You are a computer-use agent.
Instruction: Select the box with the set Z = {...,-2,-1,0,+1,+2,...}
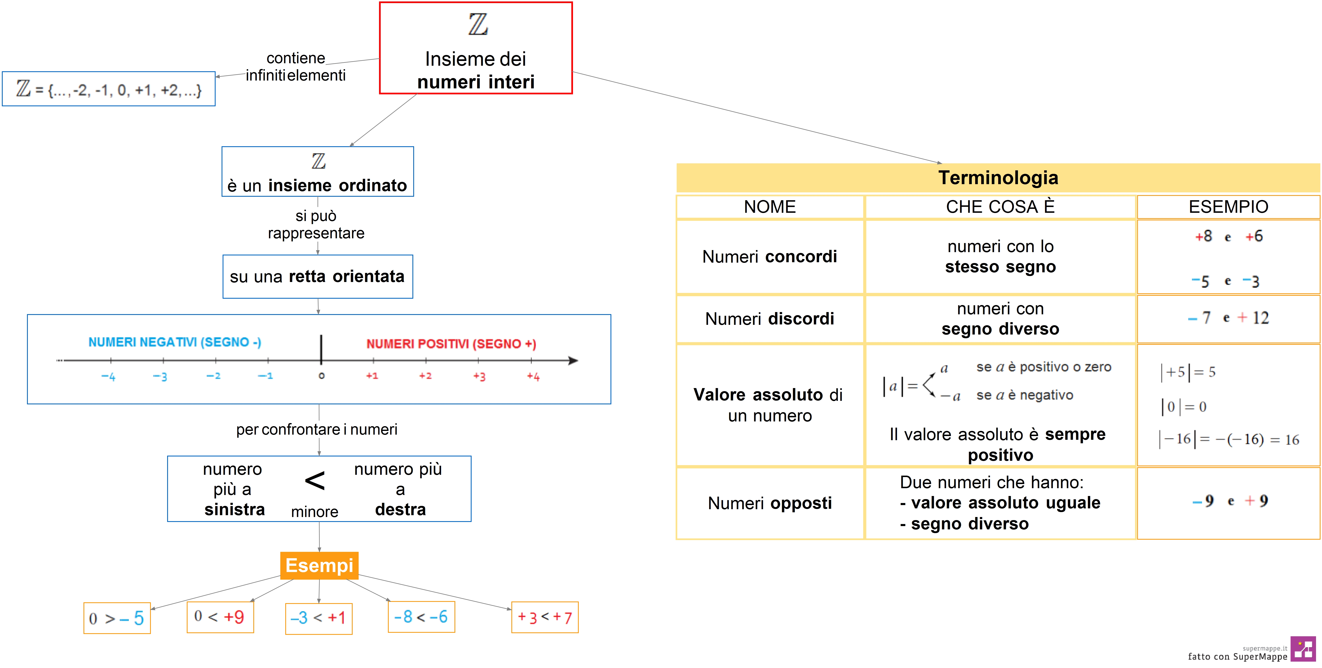click(x=109, y=89)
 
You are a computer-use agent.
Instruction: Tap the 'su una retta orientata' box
click(x=318, y=277)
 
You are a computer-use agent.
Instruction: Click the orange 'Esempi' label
click(x=319, y=565)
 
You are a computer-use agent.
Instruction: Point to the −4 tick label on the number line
click(x=108, y=377)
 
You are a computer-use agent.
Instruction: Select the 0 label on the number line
click(x=321, y=376)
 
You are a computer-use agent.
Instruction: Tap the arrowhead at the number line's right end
click(x=573, y=361)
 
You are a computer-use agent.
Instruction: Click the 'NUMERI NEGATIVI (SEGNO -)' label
click(x=175, y=342)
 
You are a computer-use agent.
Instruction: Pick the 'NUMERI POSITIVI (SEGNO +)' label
click(x=451, y=344)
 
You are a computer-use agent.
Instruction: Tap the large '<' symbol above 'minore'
click(x=315, y=481)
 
